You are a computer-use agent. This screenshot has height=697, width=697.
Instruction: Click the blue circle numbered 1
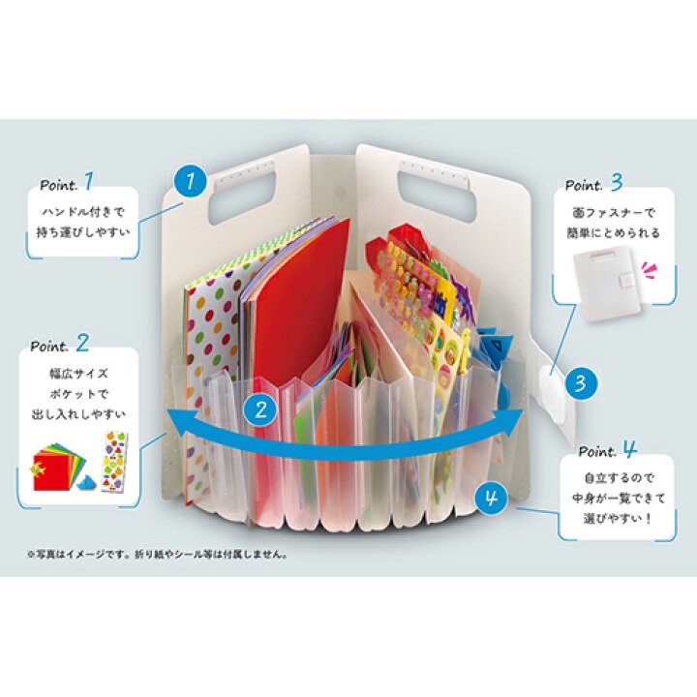pyautogui.click(x=191, y=180)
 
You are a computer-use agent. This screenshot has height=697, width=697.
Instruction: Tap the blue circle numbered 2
pyautogui.click(x=260, y=409)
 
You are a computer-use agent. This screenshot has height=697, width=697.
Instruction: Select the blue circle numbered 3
pyautogui.click(x=579, y=382)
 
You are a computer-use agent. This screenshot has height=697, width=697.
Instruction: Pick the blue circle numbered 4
pyautogui.click(x=491, y=500)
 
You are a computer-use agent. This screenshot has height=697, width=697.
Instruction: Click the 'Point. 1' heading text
pyautogui.click(x=68, y=182)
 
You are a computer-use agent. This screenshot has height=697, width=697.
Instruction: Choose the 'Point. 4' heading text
pyautogui.click(x=608, y=451)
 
